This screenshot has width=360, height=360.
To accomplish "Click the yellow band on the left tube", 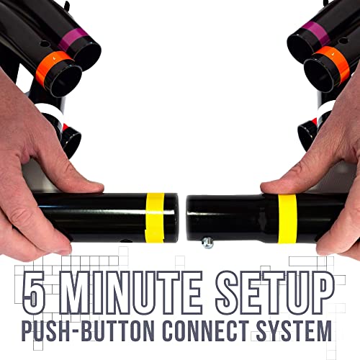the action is (155, 217).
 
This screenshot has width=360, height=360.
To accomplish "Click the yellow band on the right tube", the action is (287, 219).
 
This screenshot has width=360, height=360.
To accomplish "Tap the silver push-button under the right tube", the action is (207, 243).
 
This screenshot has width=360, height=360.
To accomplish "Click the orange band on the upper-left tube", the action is (53, 66).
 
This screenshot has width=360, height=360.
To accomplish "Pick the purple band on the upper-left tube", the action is (71, 39).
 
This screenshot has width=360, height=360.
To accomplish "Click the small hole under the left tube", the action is (125, 240).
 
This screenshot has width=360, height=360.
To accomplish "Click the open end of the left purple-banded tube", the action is (87, 56).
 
